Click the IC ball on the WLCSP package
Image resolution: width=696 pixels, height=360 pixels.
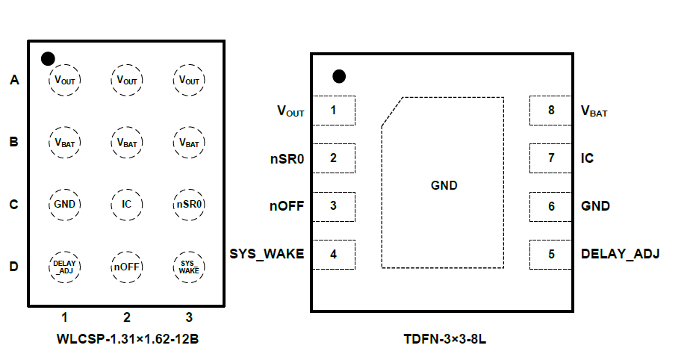coord(127,204)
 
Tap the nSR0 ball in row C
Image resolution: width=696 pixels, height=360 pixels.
coord(189,204)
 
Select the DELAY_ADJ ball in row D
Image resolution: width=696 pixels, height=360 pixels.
coord(65,267)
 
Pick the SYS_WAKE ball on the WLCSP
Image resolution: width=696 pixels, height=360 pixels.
coord(189,267)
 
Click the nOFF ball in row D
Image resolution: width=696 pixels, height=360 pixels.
coord(127,267)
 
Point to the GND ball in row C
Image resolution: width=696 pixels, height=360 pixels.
coord(65,204)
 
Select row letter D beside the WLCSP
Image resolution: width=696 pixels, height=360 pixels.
coord(13,267)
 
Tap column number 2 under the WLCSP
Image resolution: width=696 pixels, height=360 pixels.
coord(127,317)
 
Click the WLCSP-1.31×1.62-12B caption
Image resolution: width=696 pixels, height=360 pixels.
coord(128,339)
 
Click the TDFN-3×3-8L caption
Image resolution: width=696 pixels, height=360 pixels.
coord(444,339)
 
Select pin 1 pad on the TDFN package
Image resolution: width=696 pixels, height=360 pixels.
coord(333,111)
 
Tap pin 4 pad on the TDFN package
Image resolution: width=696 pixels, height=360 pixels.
coord(333,254)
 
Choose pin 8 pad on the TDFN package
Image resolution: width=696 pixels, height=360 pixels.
coord(551,111)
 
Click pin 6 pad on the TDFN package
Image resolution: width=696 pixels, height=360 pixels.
coord(551,206)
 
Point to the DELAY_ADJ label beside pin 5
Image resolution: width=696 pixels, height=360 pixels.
coord(620,254)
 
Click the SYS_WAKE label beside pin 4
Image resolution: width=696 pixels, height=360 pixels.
coord(267,254)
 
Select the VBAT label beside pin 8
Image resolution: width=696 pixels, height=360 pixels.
coord(594,111)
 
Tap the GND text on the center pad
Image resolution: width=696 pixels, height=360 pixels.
coord(444,185)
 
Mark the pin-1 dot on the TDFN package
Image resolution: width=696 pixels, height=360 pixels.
coord(339,76)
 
